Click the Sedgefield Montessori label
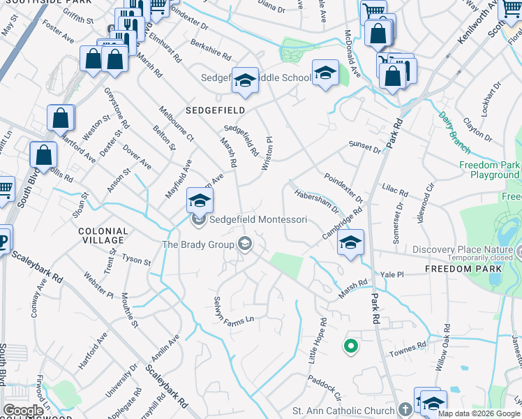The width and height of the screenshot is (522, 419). coord(258,219)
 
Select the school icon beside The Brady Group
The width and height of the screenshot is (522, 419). coord(245,244)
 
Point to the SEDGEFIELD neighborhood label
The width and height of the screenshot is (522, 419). coord(215,111)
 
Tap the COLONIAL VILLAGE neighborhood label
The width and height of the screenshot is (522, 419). coord(103,235)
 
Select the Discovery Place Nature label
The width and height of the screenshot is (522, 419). coord(462,249)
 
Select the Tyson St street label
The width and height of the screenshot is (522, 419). coord(136,261)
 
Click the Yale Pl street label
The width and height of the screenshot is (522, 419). coord(390,275)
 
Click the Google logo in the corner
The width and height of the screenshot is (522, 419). coord(23,411)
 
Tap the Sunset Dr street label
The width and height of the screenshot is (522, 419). coord(365,148)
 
